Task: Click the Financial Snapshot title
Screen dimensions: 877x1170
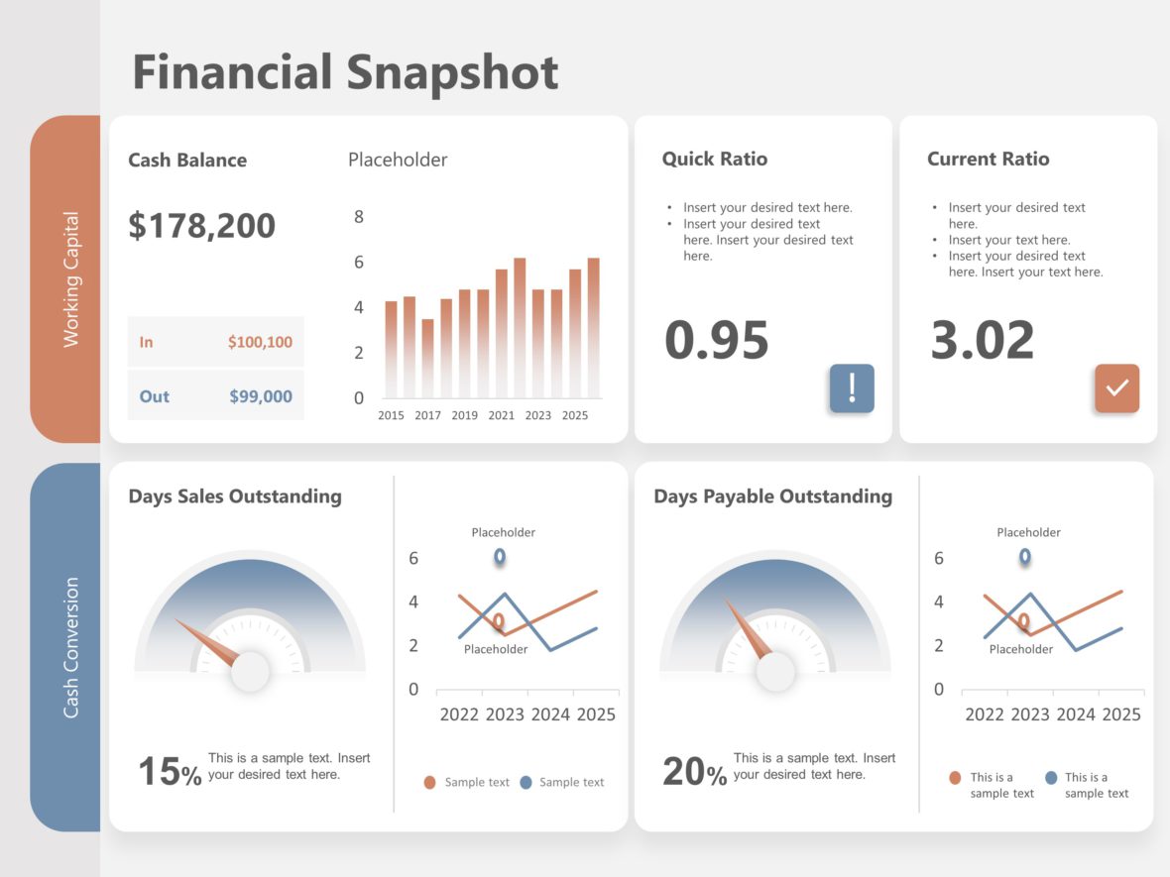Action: click(345, 73)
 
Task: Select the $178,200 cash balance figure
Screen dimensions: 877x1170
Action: click(202, 226)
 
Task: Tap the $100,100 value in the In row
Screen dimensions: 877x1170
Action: click(260, 342)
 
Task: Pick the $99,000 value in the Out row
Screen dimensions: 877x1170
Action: click(261, 396)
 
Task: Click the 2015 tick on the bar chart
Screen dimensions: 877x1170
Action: click(391, 415)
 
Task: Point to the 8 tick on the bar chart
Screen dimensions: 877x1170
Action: click(359, 217)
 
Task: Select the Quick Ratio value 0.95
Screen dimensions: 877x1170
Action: click(717, 340)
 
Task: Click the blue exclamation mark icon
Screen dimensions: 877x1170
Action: click(852, 387)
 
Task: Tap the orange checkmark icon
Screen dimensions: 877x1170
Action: click(1116, 387)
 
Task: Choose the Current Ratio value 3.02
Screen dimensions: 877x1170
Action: click(983, 340)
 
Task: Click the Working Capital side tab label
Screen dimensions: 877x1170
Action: click(70, 279)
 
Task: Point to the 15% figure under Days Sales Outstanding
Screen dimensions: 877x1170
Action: click(170, 772)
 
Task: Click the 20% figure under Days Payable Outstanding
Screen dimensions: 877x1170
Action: click(694, 772)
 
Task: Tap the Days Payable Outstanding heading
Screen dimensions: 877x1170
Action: click(772, 496)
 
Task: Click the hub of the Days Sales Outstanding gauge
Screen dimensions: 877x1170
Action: click(250, 671)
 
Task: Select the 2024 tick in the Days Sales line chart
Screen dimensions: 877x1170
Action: click(550, 714)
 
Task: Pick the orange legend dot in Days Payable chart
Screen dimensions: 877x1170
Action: click(955, 778)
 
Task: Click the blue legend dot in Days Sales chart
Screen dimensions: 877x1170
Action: click(526, 782)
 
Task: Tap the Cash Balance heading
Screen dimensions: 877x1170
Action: click(187, 161)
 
